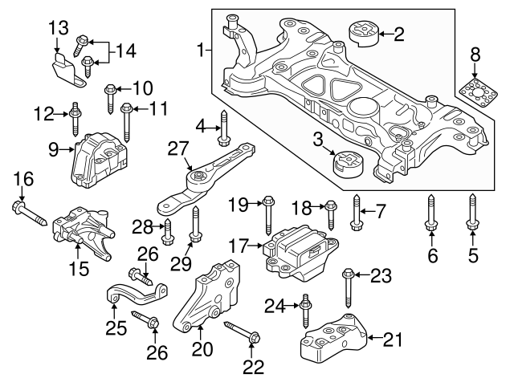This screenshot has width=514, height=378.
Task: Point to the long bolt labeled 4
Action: [224, 128]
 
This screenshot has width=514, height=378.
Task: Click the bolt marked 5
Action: [472, 217]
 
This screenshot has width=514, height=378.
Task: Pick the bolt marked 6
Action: [430, 217]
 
